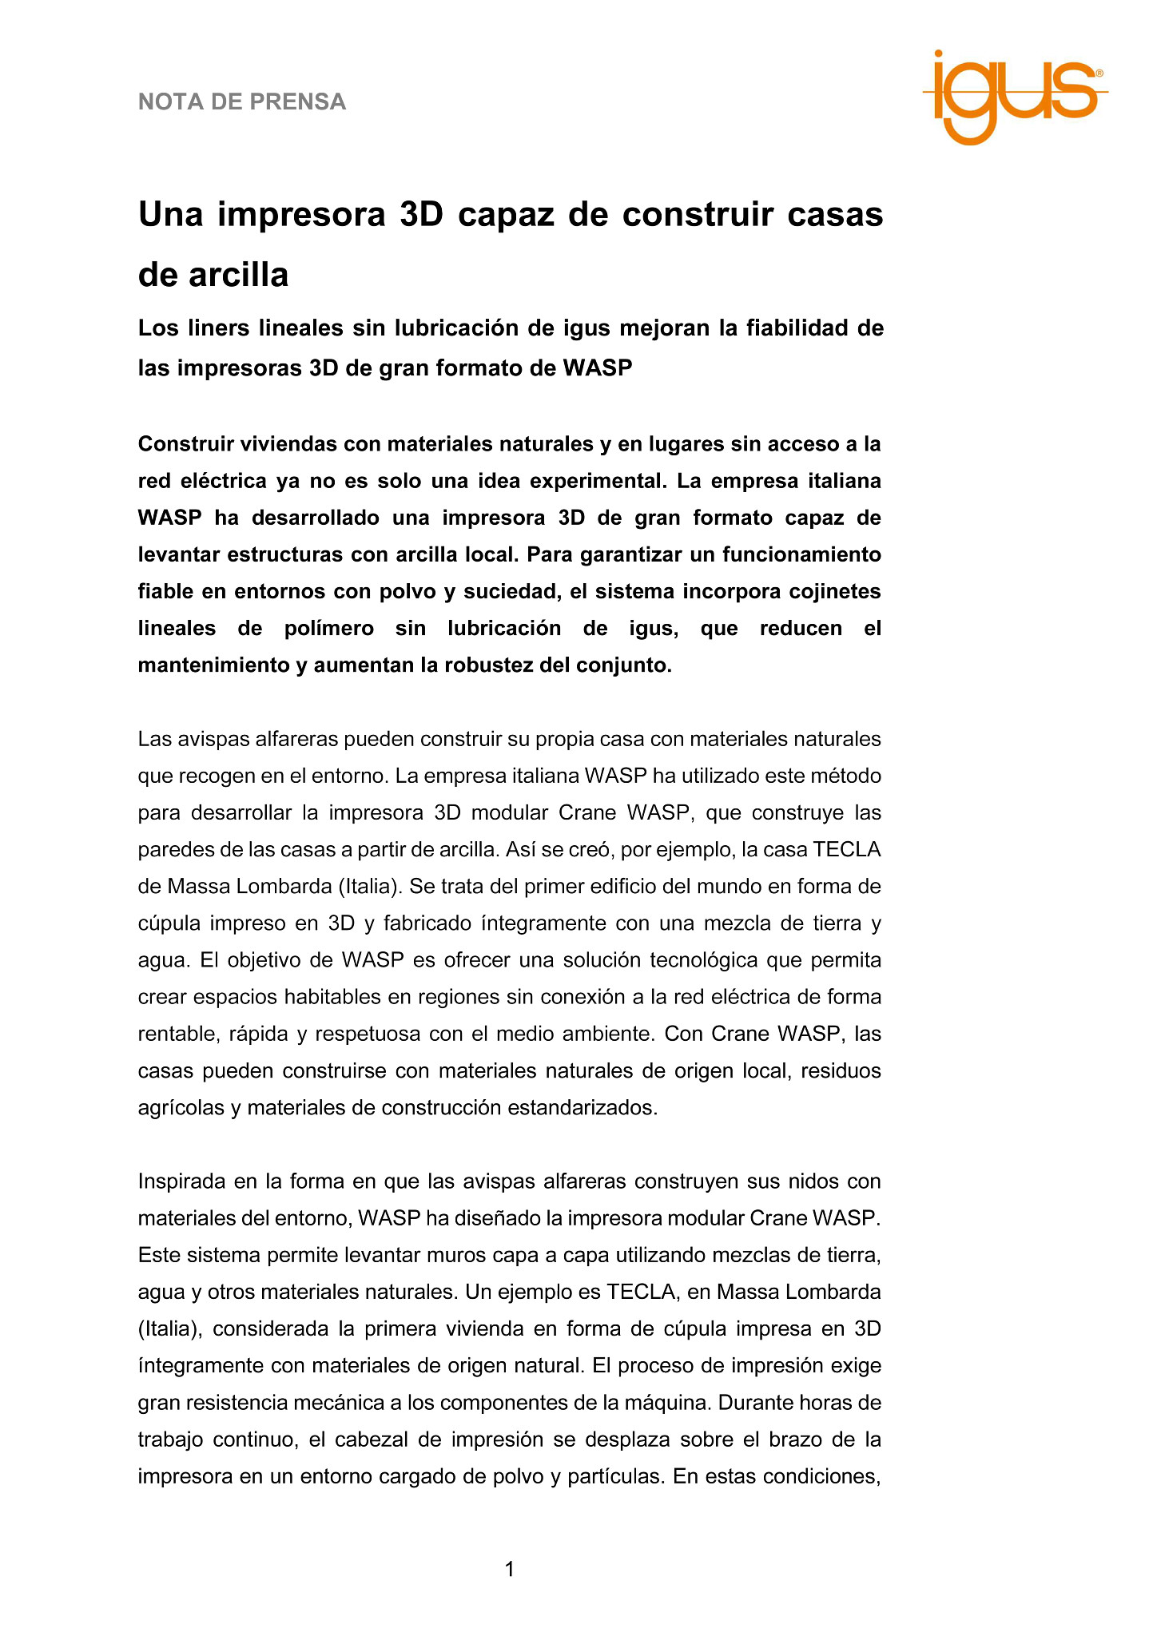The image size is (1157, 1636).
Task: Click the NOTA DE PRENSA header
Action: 242,102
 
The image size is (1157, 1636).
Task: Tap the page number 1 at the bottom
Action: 509,1570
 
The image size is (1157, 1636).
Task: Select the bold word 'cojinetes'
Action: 834,591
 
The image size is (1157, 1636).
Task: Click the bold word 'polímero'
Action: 329,628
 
